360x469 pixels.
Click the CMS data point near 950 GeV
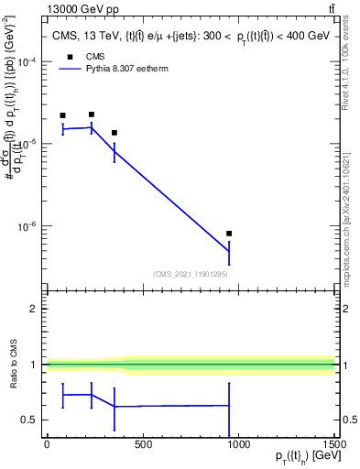point(229,234)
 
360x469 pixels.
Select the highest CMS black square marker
point(92,115)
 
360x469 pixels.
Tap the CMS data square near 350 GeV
point(114,133)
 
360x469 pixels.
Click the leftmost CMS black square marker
point(62,115)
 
